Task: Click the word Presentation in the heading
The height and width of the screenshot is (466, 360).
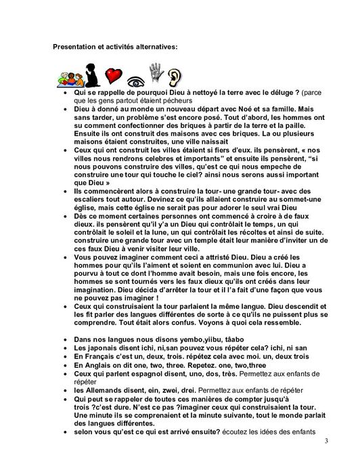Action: (x=75, y=47)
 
